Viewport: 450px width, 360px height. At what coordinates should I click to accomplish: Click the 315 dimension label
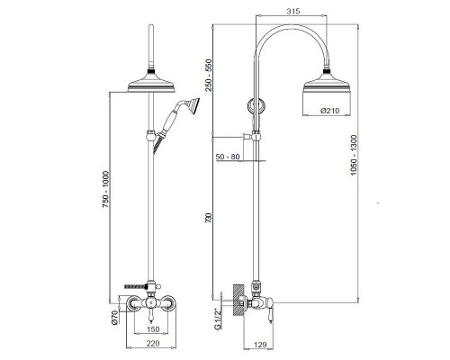(293, 12)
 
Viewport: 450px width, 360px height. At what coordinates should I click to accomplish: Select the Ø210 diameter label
(330, 111)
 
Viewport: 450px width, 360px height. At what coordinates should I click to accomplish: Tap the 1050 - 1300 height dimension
(354, 155)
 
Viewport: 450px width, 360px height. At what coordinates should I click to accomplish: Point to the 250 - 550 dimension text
(209, 75)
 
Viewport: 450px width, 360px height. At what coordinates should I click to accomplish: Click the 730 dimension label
(209, 217)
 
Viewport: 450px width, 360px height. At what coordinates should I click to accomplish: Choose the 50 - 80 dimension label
(228, 157)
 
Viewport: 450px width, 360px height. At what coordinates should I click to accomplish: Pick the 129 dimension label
(260, 345)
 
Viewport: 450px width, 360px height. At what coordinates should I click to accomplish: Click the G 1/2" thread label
(218, 319)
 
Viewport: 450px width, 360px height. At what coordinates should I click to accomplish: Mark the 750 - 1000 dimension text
(105, 189)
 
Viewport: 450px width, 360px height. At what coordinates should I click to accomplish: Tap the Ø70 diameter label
(114, 318)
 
